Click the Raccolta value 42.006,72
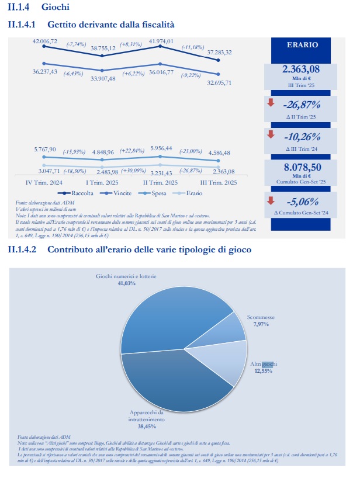tap(45, 41)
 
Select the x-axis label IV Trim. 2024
tap(45, 182)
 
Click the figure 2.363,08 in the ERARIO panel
tap(301, 70)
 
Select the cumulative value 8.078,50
tap(301, 166)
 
